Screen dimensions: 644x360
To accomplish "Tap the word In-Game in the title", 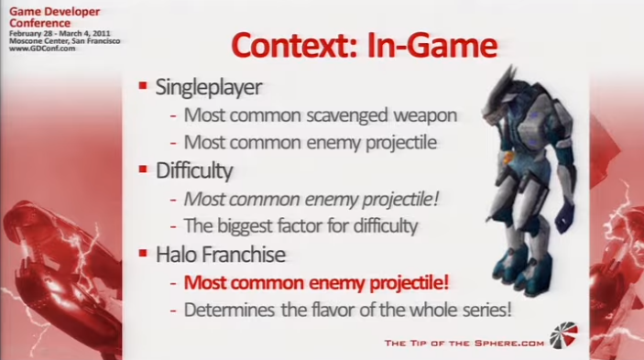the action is (432, 45).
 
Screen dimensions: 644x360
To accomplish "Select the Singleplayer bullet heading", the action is (209, 87).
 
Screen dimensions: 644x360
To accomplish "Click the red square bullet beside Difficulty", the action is (143, 169).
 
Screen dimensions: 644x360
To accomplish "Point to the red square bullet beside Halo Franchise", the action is (143, 253).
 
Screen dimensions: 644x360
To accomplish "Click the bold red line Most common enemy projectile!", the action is (316, 283).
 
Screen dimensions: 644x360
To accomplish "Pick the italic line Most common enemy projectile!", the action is (311, 200).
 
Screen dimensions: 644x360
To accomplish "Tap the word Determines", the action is (229, 310).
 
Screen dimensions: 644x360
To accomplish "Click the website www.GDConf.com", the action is (42, 49).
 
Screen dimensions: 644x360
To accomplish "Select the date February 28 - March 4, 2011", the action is (60, 34).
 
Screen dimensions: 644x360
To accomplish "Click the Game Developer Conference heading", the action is (54, 17).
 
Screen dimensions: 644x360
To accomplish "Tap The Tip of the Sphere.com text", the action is (464, 343).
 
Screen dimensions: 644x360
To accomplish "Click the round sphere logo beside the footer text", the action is (563, 335).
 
